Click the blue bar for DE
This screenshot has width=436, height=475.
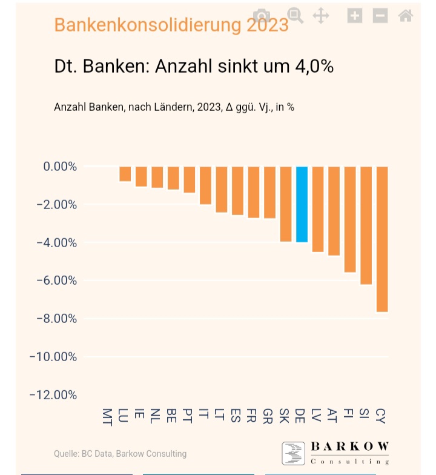coord(302,204)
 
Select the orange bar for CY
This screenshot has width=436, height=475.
coord(381,239)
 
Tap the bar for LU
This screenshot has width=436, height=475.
coord(125,174)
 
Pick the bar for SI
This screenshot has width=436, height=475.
coord(366,225)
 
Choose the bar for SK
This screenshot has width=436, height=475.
coord(286,204)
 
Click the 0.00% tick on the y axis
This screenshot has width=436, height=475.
coord(60,167)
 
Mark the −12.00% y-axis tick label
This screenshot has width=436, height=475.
coord(53,395)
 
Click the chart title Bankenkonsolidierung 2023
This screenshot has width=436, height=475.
coord(171,25)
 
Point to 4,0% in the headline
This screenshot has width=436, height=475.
coord(314,66)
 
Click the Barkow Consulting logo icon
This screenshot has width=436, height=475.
coord(294,454)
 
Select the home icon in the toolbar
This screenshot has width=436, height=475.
coord(406,16)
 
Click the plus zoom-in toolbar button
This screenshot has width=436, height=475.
coord(355,16)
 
